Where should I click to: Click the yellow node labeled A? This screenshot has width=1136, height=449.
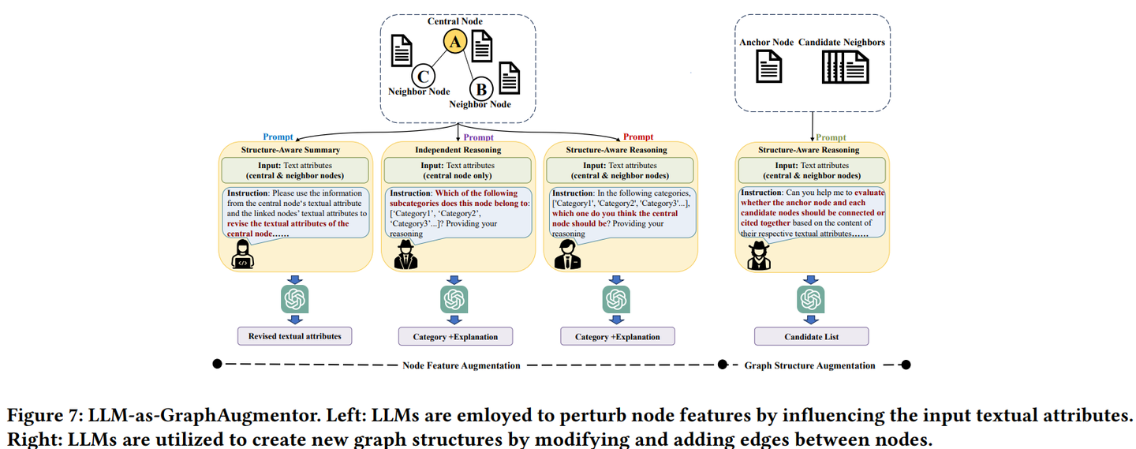454,42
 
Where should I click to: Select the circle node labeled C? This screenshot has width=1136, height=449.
424,76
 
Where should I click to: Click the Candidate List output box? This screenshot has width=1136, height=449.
811,337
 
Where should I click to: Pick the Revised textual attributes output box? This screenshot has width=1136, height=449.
294,336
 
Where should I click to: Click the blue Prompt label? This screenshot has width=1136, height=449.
278,137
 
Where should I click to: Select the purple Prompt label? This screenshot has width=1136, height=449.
479,137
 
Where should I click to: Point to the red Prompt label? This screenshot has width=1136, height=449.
638,137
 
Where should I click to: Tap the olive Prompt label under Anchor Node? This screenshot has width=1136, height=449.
831,137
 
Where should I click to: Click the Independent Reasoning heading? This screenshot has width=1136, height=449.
458,150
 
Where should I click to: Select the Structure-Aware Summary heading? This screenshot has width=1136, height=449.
290,150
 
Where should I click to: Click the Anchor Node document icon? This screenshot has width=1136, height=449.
768,67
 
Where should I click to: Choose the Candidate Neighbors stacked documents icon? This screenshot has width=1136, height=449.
844,67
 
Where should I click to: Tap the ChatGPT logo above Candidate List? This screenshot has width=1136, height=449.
811,300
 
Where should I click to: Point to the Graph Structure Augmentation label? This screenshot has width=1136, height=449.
809,365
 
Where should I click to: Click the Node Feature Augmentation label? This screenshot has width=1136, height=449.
461,365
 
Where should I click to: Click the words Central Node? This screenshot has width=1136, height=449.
455,21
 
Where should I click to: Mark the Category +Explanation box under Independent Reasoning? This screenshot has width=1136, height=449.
455,337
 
